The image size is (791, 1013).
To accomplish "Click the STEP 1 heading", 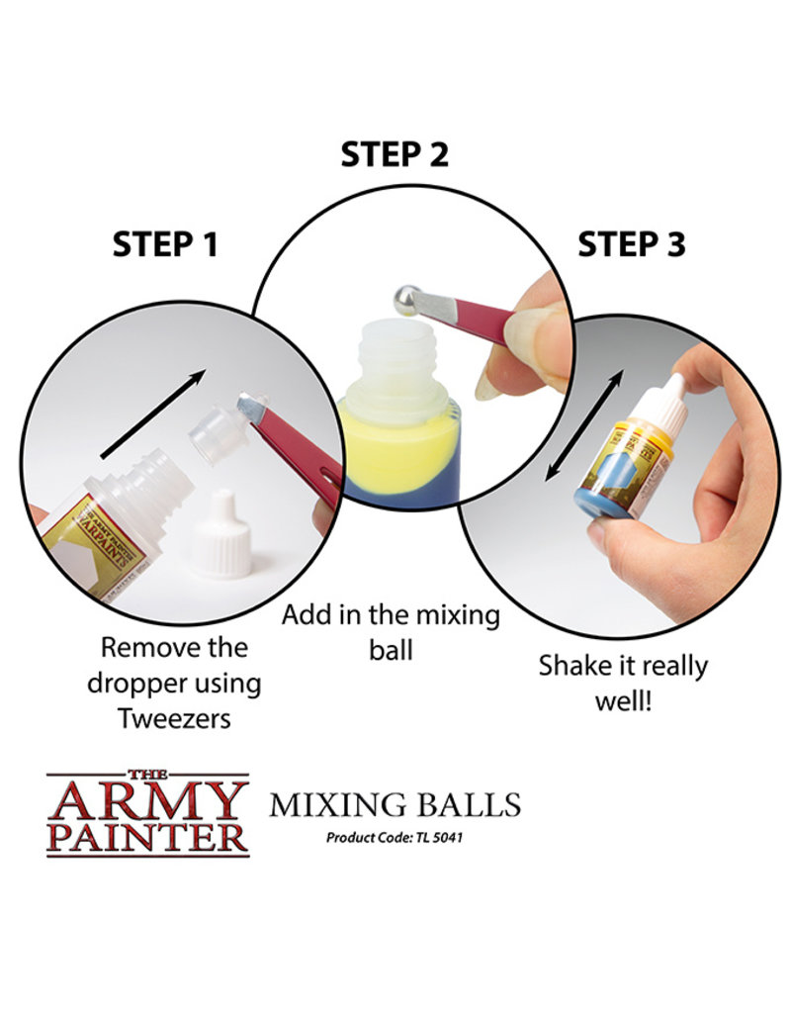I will (165, 243).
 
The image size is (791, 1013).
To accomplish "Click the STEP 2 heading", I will (395, 154).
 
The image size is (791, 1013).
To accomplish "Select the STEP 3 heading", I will (631, 243).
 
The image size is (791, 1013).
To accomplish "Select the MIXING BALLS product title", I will (395, 804).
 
